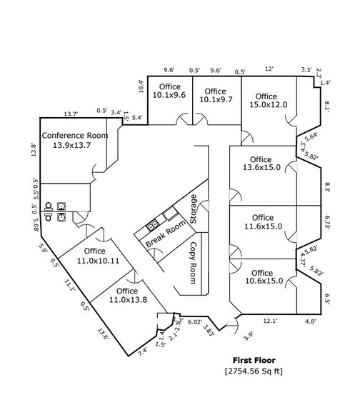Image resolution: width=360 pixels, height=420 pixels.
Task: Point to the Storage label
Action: [193, 208]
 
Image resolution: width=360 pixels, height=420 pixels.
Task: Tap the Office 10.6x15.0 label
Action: [261, 277]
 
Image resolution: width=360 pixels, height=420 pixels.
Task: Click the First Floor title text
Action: [256, 361]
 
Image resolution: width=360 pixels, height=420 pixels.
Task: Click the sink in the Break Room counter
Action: [152, 226]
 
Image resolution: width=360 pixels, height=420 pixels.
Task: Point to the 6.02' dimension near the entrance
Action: [194, 322]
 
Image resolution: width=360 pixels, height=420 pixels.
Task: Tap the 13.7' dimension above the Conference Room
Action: [71, 114]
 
